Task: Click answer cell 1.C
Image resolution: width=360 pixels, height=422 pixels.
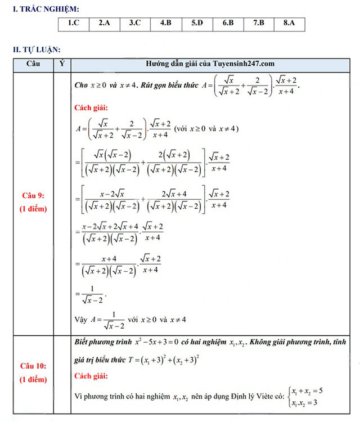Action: click(73, 24)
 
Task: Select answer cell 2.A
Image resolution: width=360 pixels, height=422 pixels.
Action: click(104, 24)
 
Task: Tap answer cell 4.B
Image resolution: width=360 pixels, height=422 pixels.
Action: click(165, 24)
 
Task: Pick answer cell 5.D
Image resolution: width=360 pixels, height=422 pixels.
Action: click(196, 24)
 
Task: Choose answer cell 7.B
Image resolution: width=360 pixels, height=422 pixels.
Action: click(258, 24)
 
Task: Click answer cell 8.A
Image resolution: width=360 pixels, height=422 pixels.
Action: click(289, 24)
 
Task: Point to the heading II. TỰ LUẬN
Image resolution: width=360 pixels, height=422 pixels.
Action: click(37, 50)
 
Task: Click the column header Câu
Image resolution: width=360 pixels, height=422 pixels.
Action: click(33, 64)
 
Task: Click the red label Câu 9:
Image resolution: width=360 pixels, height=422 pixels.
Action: click(33, 195)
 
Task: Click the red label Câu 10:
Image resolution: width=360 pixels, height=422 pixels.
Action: click(33, 366)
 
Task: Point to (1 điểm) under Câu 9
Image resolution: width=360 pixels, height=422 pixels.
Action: click(33, 209)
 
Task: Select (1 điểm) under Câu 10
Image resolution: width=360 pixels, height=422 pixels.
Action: click(33, 379)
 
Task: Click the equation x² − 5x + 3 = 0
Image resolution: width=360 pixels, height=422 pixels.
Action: click(155, 342)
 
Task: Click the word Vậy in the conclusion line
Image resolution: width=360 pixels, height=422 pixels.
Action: click(81, 319)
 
